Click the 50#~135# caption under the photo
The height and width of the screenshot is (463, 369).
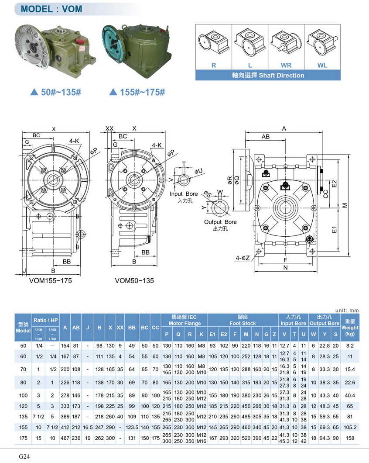[56, 92]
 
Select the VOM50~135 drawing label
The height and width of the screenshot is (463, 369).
[134, 280]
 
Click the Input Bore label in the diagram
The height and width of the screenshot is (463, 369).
[184, 194]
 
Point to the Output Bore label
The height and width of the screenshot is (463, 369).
[220, 222]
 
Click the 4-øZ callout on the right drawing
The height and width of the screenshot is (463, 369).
[243, 258]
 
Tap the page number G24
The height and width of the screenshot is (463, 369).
[24, 456]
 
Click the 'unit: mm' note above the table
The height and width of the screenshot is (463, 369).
[348, 310]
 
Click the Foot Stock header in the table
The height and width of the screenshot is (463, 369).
[243, 323]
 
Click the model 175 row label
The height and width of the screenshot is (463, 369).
[23, 438]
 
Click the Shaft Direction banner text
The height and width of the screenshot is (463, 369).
[268, 75]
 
